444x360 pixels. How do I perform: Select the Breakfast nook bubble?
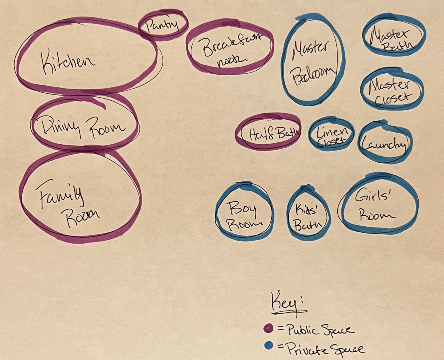(x=230, y=48)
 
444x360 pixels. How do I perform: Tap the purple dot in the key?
(x=268, y=328)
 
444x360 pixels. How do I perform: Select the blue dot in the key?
(x=269, y=345)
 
